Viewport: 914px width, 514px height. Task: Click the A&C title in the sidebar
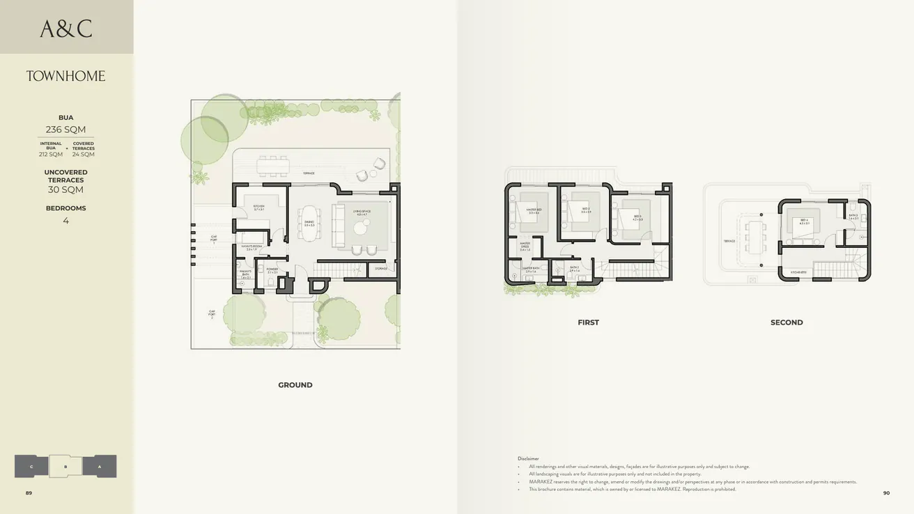tap(66, 29)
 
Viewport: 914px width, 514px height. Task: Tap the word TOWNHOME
tap(66, 76)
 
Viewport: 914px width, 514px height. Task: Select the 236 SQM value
tap(65, 130)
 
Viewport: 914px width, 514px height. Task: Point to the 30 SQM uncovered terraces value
tap(65, 189)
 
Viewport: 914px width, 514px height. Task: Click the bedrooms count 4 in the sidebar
tap(65, 221)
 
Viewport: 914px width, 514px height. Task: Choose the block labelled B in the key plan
tap(65, 467)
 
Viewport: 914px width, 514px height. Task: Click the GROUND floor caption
tap(295, 385)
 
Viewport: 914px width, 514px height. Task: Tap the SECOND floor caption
tap(787, 322)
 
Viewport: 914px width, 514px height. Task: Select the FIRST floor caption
tap(588, 322)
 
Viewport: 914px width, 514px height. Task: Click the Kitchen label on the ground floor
tap(258, 207)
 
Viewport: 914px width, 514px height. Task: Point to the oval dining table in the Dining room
tap(309, 222)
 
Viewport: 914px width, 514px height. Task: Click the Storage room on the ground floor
tap(380, 268)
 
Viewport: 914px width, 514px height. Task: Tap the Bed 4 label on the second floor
tap(804, 221)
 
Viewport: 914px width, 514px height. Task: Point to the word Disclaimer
tap(528, 458)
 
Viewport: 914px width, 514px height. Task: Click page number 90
tap(886, 493)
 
